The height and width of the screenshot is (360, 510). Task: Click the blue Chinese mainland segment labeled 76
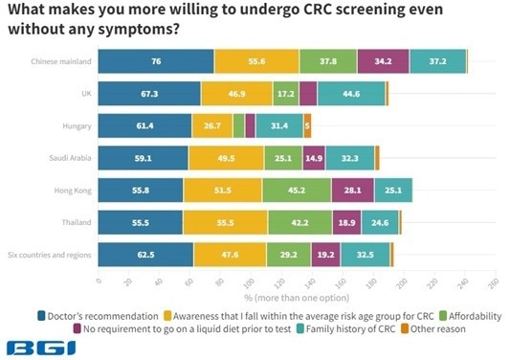156,60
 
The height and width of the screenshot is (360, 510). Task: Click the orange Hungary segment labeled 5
307,125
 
